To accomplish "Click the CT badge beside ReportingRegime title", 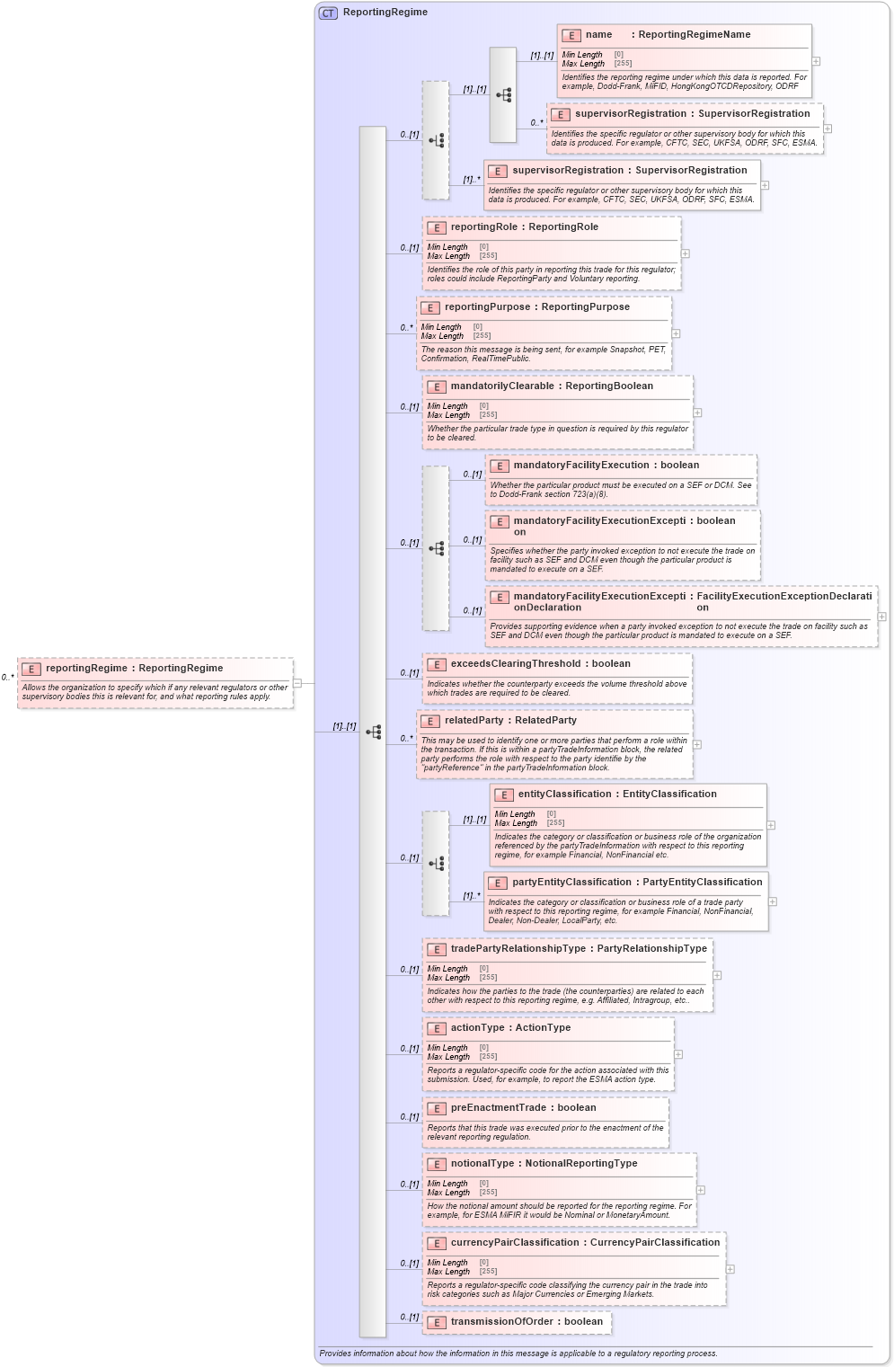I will (328, 13).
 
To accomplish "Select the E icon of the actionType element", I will (436, 1028).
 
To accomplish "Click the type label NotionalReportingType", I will (581, 1164).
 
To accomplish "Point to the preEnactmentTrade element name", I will (498, 1108).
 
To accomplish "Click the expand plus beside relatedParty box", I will (697, 744).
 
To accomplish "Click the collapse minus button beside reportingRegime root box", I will (297, 683).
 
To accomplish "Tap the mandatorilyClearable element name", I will (502, 386).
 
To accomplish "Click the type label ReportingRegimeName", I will (694, 35).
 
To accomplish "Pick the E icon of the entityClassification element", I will (503, 794).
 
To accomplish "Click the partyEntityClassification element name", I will (571, 883).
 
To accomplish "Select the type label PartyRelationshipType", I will (651, 949).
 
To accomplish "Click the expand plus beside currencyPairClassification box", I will (730, 1269).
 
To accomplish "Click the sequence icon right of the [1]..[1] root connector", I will (373, 732).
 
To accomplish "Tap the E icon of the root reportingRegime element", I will (31, 669).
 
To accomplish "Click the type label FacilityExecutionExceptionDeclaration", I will (783, 601).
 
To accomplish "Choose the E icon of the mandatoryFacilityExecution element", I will (499, 466).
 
